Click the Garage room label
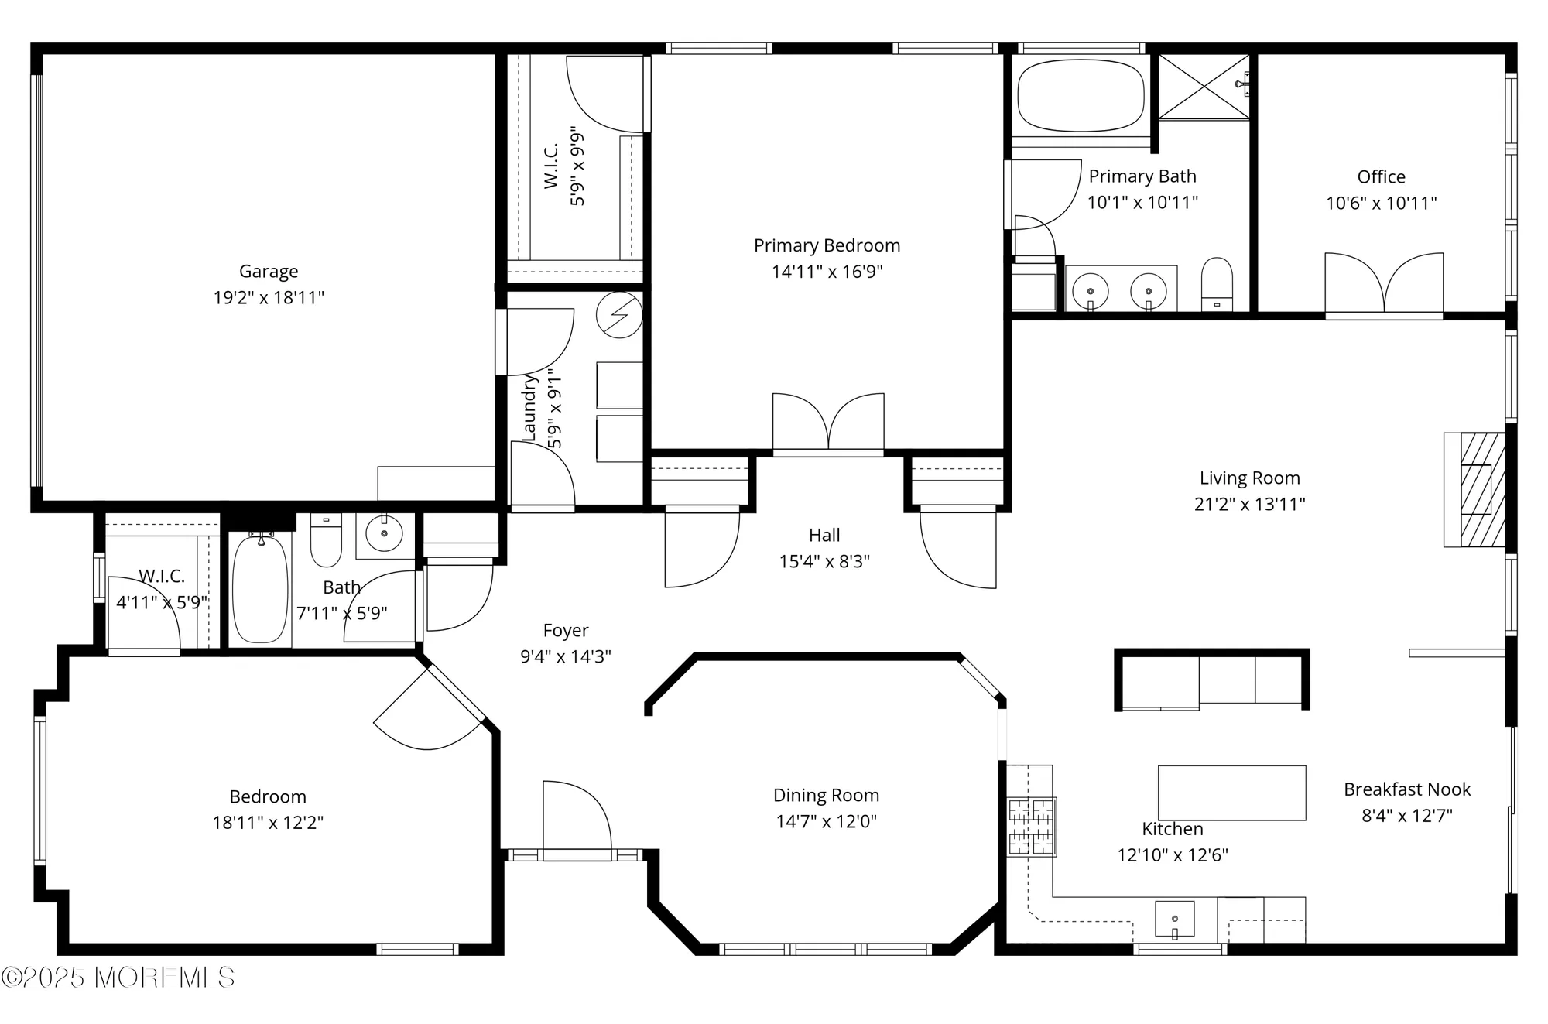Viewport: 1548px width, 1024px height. point(268,272)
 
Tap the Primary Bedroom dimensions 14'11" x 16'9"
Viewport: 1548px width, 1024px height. point(827,272)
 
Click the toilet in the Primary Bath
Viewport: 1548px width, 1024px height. point(1217,284)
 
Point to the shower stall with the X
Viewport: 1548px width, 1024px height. point(1204,87)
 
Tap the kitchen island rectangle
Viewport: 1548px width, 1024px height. point(1231,793)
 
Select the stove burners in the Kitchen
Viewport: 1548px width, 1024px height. point(1031,827)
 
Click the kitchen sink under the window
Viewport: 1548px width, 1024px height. point(1174,919)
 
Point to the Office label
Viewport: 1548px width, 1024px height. point(1381,177)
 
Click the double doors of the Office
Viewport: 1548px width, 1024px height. point(1384,284)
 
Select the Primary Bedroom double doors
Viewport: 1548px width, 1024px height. point(828,422)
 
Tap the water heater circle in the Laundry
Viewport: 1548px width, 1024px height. point(619,315)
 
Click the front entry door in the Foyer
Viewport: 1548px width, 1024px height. point(576,820)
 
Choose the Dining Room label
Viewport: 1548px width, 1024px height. point(826,796)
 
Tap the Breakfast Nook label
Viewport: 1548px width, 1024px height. point(1406,789)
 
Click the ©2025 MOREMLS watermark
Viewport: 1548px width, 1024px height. point(118,978)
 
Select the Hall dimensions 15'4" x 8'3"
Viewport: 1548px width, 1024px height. point(824,561)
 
